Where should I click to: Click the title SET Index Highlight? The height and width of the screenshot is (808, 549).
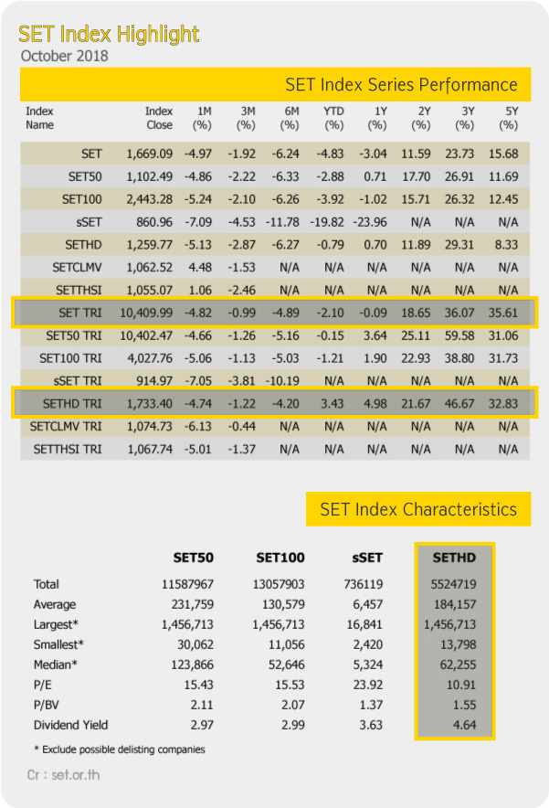tap(109, 35)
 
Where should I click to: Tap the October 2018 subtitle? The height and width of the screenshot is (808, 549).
tap(64, 56)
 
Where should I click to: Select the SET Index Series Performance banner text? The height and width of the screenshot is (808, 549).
tap(401, 84)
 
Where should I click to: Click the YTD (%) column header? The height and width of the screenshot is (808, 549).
tap(333, 118)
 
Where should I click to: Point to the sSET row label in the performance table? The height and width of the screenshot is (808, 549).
tap(89, 222)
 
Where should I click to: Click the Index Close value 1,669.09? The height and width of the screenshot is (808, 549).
tap(149, 154)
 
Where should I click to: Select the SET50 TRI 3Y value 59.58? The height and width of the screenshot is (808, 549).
tap(459, 335)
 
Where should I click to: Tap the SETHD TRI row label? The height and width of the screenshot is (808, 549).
tap(72, 403)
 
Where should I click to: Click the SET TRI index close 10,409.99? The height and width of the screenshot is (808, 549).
tap(146, 313)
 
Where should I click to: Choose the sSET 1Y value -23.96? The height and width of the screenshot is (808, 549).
tap(370, 222)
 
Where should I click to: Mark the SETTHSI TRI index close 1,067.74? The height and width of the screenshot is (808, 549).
tap(150, 449)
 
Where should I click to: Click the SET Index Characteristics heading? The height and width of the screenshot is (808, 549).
tap(418, 509)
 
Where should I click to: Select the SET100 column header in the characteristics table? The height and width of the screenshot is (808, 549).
tap(280, 558)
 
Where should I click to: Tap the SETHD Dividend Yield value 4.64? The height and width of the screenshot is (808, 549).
tap(465, 725)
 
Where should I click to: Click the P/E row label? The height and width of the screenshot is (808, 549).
tap(42, 685)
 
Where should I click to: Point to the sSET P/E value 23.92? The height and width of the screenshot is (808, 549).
tap(368, 685)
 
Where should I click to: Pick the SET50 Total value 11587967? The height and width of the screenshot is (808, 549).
tap(187, 584)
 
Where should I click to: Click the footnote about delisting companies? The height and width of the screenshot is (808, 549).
tap(120, 750)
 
